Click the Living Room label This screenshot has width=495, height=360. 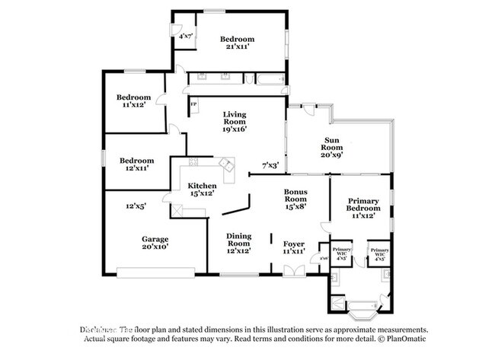[x=234, y=122]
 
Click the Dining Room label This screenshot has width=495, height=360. [x=238, y=241]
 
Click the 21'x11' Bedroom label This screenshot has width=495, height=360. [x=236, y=43]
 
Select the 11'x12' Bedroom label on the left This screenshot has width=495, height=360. [x=133, y=101]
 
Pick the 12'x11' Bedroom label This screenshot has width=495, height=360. [x=137, y=164]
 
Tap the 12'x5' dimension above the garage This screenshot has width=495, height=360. [x=136, y=205]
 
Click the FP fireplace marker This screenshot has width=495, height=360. [x=193, y=104]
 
